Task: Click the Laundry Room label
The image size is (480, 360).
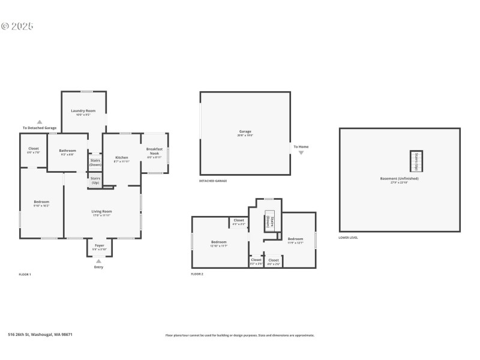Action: tap(83, 111)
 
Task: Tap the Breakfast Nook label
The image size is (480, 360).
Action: tap(154, 151)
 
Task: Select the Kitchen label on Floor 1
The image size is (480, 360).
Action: tap(121, 158)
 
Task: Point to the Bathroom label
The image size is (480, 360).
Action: tap(67, 151)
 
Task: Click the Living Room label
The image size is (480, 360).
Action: tap(101, 211)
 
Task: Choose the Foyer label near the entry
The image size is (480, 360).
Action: tap(99, 245)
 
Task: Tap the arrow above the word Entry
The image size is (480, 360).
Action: tap(98, 260)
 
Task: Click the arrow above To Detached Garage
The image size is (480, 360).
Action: tap(40, 121)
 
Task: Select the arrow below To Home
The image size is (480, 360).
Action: tap(301, 153)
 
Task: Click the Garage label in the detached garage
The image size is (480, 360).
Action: tap(245, 131)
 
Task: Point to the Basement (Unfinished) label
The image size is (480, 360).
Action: tap(399, 178)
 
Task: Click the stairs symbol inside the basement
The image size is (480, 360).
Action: tap(416, 161)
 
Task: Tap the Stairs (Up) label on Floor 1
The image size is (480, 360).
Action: tap(95, 180)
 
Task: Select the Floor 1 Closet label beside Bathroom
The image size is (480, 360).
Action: tap(33, 149)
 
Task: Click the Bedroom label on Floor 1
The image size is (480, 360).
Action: tap(41, 202)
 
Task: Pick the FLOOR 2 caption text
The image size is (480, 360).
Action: tap(197, 274)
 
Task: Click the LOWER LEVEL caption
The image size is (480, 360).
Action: tap(348, 238)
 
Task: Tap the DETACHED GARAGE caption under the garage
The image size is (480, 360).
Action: tap(213, 181)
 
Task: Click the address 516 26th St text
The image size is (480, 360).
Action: tap(40, 335)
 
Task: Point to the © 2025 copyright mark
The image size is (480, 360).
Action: tap(17, 26)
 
